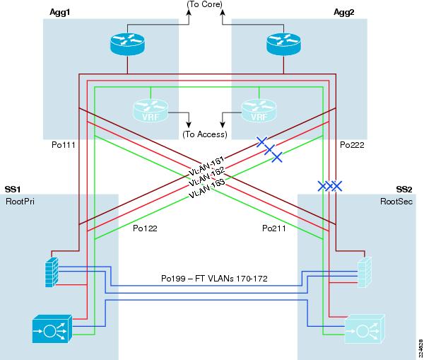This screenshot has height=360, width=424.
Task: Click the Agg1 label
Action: click(x=60, y=13)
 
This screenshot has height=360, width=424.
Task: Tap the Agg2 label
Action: click(x=343, y=13)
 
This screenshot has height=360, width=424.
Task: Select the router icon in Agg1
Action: click(x=127, y=44)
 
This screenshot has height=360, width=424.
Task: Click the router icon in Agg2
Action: click(x=283, y=44)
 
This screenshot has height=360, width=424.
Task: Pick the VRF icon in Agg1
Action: click(x=151, y=110)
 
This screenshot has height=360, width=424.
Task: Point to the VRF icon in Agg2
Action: click(x=259, y=110)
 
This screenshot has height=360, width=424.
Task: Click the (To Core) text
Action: click(x=205, y=4)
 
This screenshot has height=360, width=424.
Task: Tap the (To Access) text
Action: click(x=205, y=134)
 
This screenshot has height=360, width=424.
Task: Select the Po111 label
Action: click(x=64, y=145)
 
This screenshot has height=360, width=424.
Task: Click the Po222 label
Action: click(x=352, y=145)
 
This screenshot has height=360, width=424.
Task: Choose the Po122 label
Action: click(x=145, y=228)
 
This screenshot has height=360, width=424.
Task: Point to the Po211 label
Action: click(x=274, y=228)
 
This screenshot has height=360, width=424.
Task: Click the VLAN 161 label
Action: click(x=206, y=166)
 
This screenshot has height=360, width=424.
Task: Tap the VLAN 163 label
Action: click(x=207, y=188)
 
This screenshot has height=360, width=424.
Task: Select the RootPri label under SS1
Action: click(x=20, y=202)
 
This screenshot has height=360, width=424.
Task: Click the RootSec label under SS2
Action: click(x=396, y=202)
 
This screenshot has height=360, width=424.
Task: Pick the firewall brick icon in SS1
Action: click(x=52, y=272)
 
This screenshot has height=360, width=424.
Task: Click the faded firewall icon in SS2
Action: click(x=365, y=272)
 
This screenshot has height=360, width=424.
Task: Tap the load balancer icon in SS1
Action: click(x=52, y=329)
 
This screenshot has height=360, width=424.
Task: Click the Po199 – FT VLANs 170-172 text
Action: click(x=214, y=279)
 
